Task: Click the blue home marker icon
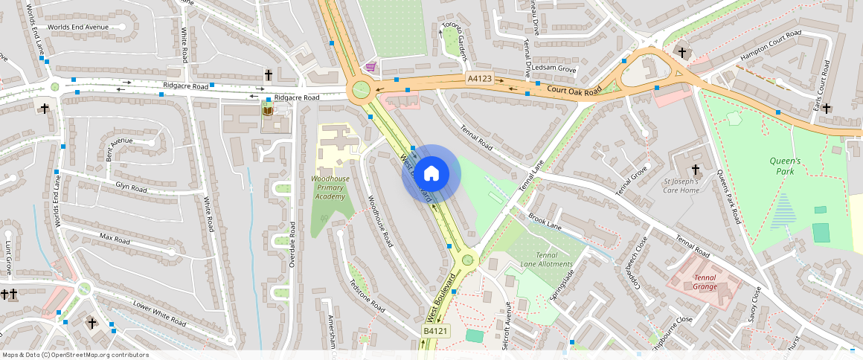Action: [x=431, y=174]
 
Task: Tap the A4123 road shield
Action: [x=480, y=78]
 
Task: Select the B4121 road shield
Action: [x=436, y=331]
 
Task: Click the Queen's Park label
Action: [x=785, y=166]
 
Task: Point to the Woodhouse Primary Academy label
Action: [x=329, y=188]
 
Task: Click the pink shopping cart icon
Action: [x=370, y=67]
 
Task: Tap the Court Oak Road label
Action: [x=573, y=91]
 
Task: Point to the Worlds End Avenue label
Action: [x=77, y=28]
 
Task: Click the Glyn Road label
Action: [x=131, y=187]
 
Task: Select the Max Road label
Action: [x=115, y=240]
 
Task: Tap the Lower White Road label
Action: [x=159, y=313]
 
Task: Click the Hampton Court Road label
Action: [x=770, y=48]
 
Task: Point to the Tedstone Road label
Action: [x=367, y=296]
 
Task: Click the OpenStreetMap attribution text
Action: [x=75, y=355]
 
